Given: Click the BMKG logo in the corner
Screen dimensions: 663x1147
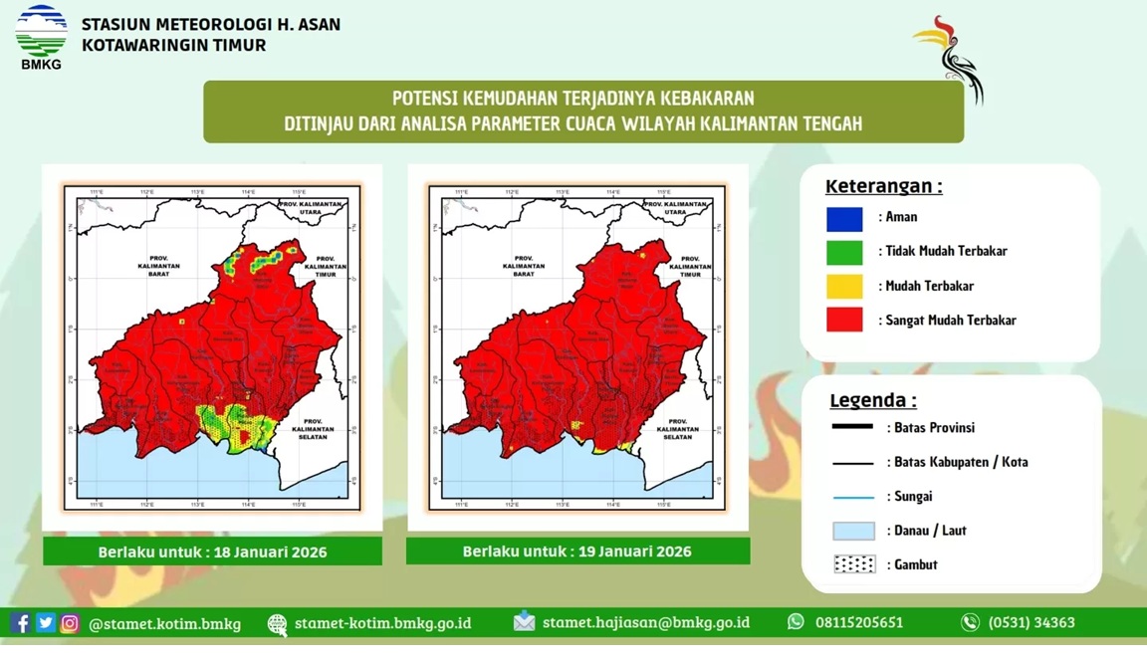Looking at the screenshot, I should coord(41,37).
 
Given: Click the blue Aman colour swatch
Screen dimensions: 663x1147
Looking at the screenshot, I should coord(844,218).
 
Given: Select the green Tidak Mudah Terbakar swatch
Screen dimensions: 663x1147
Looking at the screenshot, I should coord(844,252).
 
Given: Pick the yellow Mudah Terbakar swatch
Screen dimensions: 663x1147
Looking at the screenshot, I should coord(844,287).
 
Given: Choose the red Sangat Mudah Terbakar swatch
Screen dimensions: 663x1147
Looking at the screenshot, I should coord(844,321).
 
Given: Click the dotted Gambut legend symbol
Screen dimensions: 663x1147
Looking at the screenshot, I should coord(854,564).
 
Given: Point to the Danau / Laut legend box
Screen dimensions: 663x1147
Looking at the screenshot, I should coord(854,531).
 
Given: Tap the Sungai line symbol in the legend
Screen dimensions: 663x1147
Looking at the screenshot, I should coord(853,497).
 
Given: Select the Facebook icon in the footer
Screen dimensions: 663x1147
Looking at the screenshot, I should coord(20,623).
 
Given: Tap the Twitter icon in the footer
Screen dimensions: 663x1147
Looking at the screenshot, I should coord(45,623).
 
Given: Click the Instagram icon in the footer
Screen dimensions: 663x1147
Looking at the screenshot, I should coord(70,623).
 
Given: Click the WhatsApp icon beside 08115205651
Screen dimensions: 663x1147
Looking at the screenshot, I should coord(796,622).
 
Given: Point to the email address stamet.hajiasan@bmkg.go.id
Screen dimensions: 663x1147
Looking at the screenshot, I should coord(645,623).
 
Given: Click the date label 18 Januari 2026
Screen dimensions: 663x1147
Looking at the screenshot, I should coord(212,552).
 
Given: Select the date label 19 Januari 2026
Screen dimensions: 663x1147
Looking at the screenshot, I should coord(577,552).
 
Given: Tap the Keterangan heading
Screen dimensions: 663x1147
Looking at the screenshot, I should coord(883,186).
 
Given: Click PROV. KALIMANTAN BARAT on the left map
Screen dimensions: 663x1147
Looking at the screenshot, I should coord(158,265).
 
